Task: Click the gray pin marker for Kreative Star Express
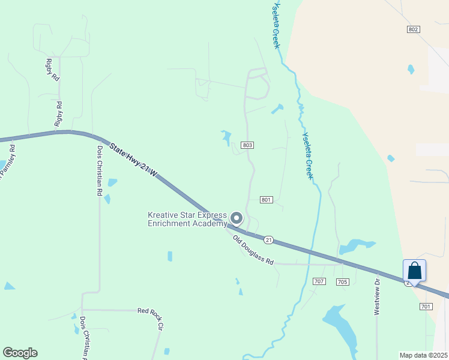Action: click(x=237, y=218)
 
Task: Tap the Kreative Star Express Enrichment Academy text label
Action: click(x=187, y=220)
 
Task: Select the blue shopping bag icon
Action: click(x=415, y=271)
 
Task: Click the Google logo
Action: click(x=20, y=353)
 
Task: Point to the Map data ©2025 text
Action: click(x=423, y=355)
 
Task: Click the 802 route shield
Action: click(x=412, y=29)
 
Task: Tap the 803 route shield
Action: click(x=247, y=145)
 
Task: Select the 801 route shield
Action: click(x=267, y=200)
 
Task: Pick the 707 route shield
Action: click(x=319, y=281)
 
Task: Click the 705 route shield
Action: click(x=343, y=281)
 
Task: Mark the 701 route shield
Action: click(x=426, y=307)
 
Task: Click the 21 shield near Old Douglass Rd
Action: click(x=269, y=240)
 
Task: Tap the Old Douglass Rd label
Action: click(x=253, y=250)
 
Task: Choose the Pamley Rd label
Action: click(x=7, y=159)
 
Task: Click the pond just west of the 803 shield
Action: click(x=226, y=137)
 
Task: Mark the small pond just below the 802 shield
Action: click(x=411, y=69)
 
